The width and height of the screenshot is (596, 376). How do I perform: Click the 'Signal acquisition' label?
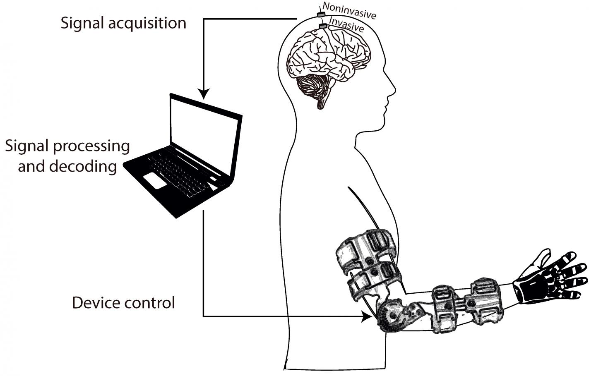[x=123, y=23]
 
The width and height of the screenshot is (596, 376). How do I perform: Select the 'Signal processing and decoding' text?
[x=67, y=156]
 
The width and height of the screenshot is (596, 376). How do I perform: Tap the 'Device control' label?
[x=123, y=303]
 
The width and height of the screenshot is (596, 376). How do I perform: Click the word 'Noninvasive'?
[x=349, y=11]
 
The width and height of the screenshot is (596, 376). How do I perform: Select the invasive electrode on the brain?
[x=323, y=26]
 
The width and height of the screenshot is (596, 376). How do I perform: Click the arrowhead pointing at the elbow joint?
[x=365, y=317]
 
